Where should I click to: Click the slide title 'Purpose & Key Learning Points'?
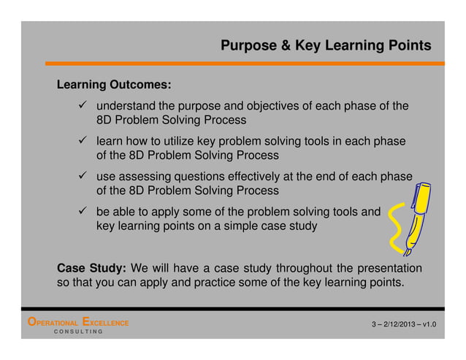tap(325, 46)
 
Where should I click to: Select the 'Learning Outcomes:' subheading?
tap(114, 84)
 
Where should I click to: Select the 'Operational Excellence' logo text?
tap(77, 322)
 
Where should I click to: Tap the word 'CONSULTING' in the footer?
tap(77, 332)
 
